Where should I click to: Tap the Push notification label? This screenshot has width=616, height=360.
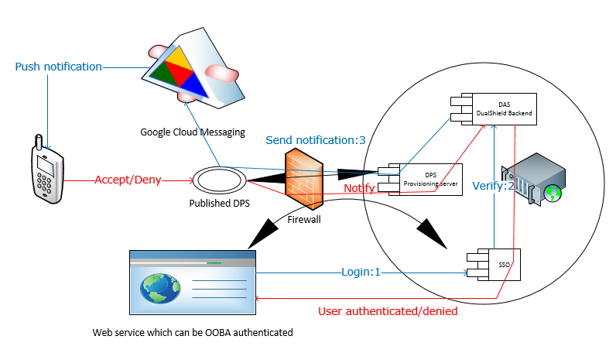(59, 67)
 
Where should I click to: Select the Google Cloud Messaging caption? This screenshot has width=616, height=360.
(192, 132)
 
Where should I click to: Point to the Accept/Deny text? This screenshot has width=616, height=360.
(128, 180)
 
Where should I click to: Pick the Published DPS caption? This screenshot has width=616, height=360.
(220, 204)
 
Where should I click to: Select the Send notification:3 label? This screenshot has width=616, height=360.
(315, 140)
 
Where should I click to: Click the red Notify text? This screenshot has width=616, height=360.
(359, 188)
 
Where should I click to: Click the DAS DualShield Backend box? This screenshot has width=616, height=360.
(495, 108)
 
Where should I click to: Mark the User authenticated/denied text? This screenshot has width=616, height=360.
(388, 311)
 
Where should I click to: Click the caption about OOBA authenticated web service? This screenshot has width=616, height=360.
(193, 332)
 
